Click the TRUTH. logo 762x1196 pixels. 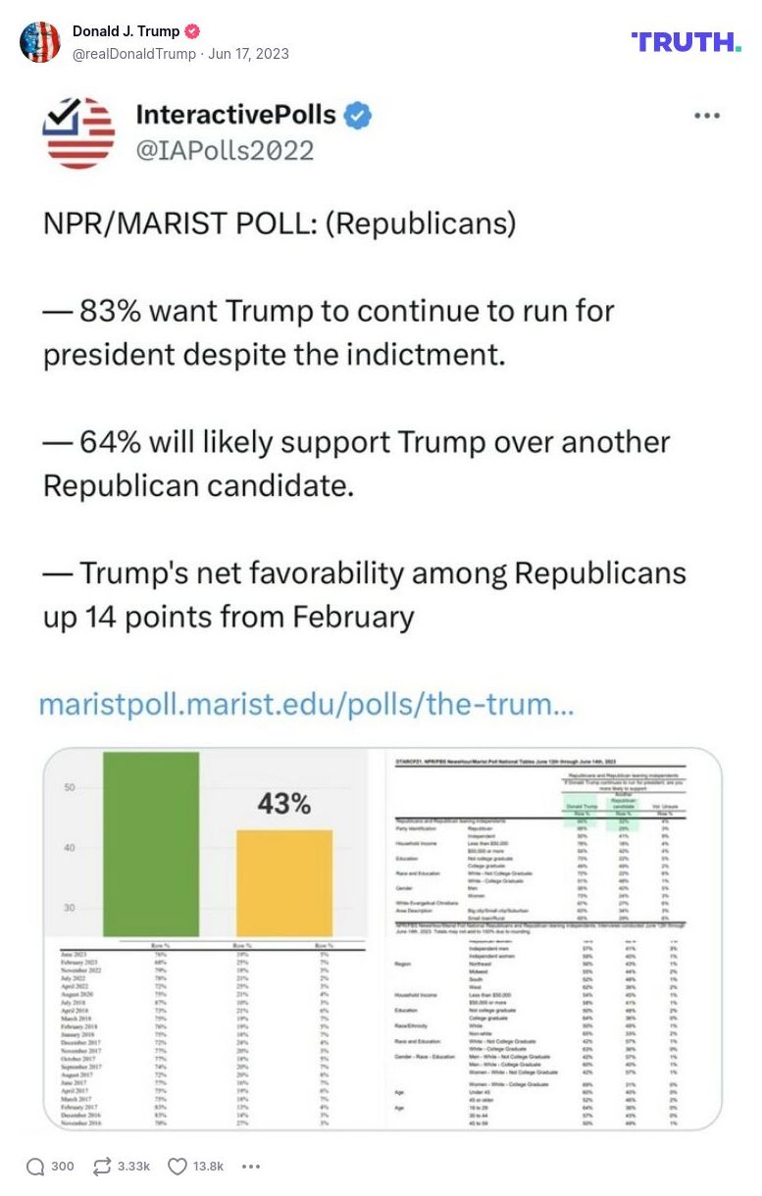(686, 42)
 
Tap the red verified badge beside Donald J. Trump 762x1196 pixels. (193, 31)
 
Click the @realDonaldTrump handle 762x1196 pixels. (134, 54)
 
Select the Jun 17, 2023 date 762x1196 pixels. (248, 54)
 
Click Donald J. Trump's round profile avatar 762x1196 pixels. (40, 42)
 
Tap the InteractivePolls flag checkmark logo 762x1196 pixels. (78, 132)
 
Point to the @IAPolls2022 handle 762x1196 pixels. (225, 150)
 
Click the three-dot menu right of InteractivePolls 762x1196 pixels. (706, 116)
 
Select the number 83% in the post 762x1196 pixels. (111, 311)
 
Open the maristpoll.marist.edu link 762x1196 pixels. (305, 705)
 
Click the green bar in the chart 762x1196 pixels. (151, 843)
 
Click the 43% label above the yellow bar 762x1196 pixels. (283, 804)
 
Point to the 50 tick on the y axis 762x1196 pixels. (70, 787)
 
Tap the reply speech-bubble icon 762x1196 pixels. (35, 1166)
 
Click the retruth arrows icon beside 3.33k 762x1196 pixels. (101, 1166)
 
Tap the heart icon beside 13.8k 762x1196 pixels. (177, 1166)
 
